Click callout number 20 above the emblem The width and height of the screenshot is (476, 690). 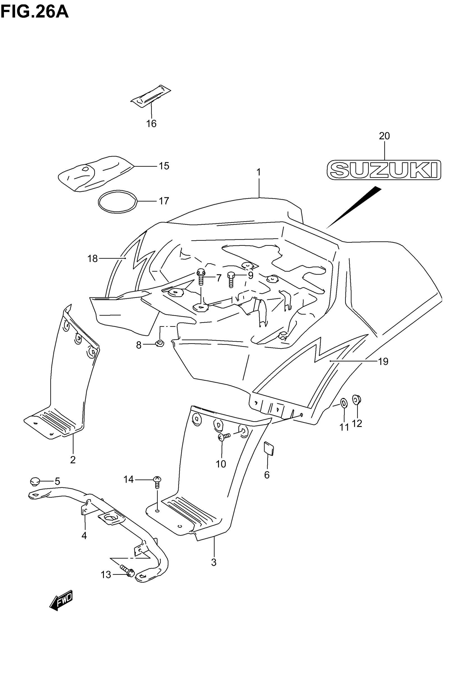384,136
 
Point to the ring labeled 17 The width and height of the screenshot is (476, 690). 118,202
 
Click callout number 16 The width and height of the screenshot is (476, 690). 151,124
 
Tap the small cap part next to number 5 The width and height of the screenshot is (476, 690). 35,481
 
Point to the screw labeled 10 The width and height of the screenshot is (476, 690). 224,437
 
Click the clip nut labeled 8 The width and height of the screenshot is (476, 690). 160,344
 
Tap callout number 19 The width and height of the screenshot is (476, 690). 383,362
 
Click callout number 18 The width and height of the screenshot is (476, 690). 92,258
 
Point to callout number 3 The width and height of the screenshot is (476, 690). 214,562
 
